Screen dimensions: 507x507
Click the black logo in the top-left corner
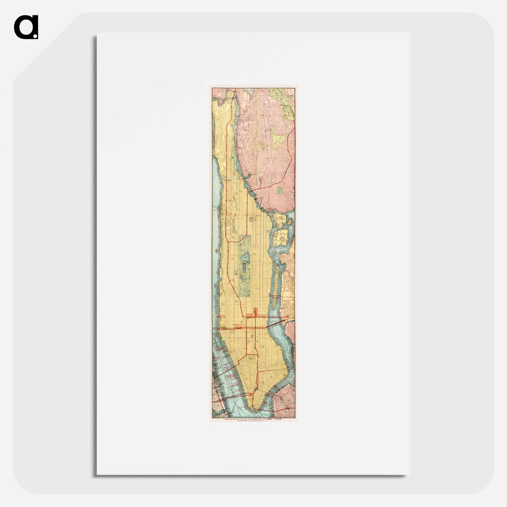click(26, 27)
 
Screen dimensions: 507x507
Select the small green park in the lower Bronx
click(281, 190)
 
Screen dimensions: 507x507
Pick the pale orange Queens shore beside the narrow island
click(287, 288)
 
